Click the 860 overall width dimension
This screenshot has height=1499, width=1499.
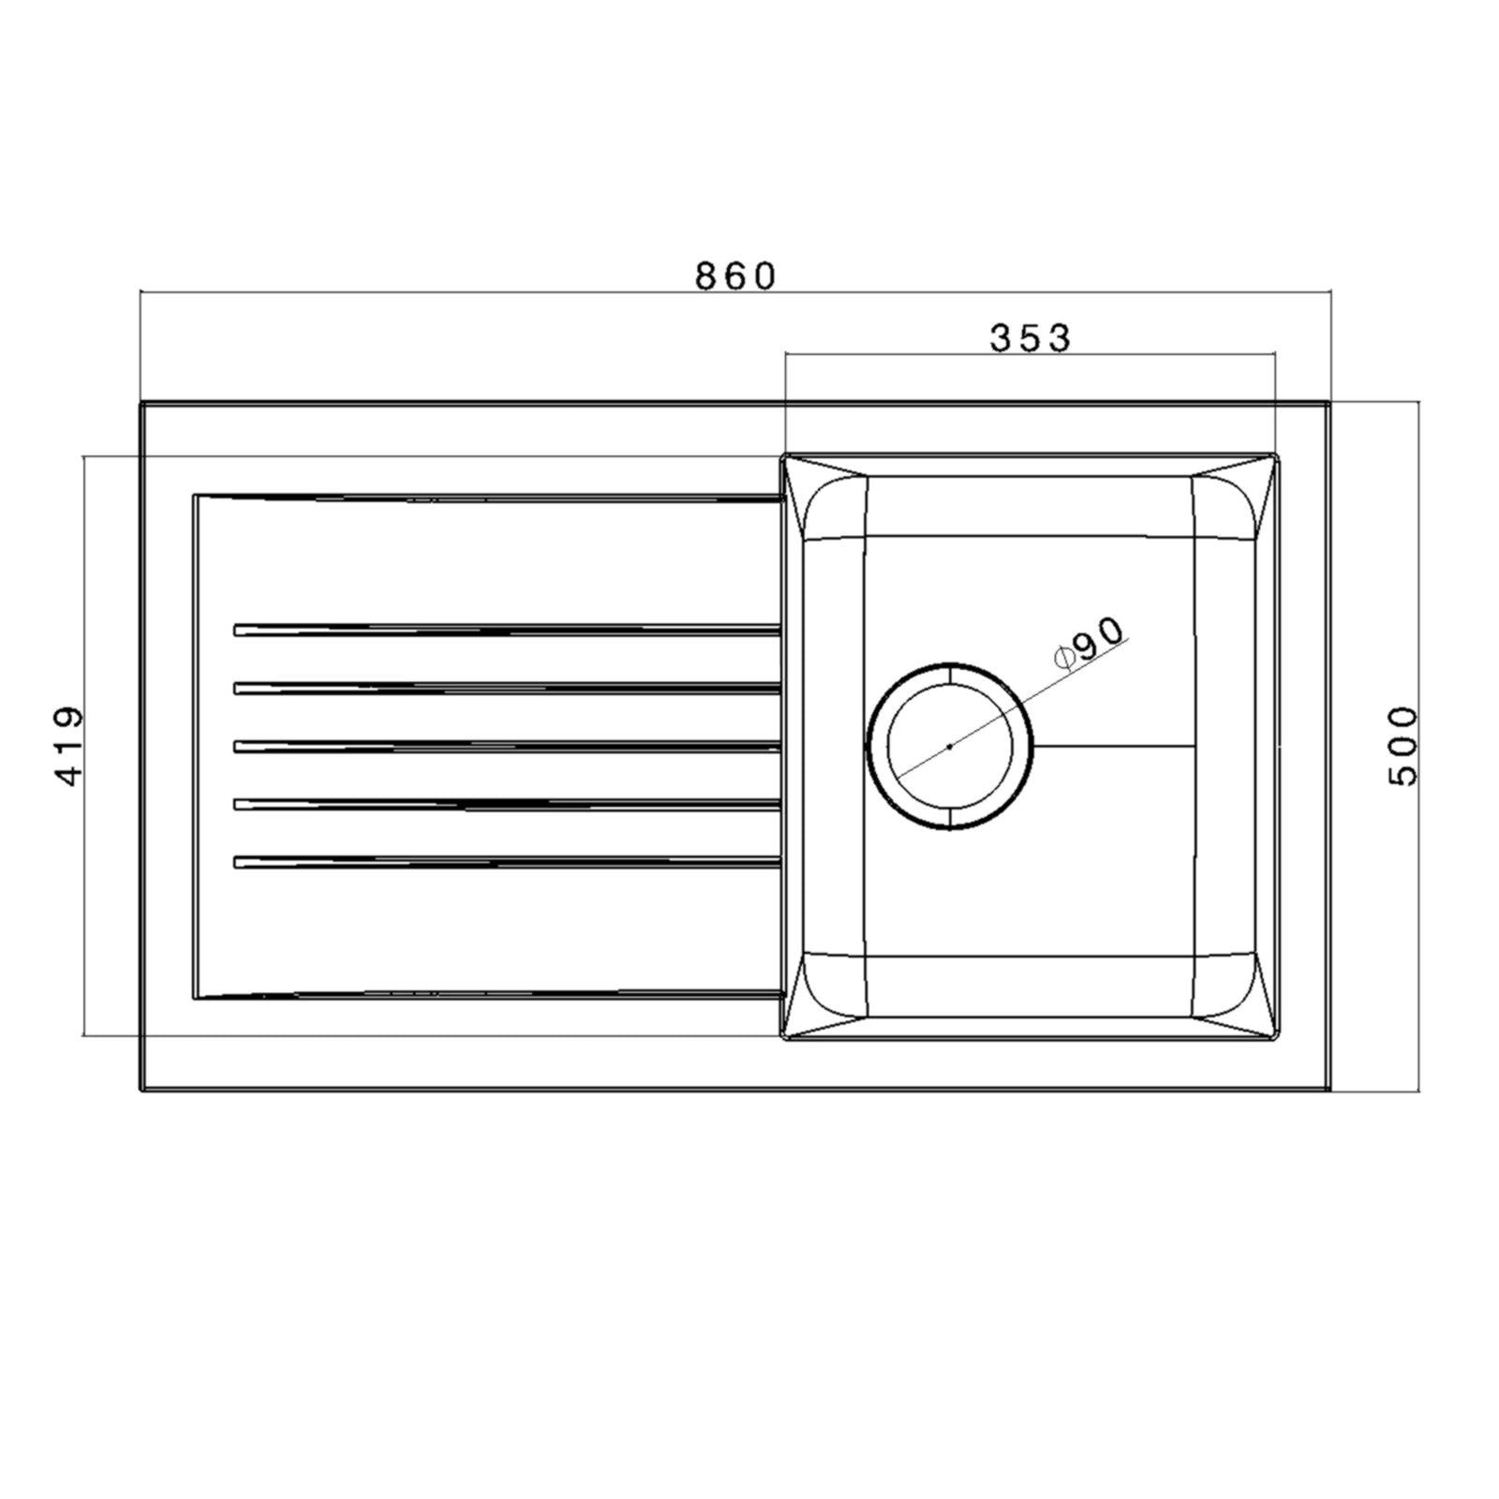click(x=735, y=276)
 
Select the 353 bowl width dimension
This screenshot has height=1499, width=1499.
click(x=1030, y=338)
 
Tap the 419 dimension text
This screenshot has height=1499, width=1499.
click(x=69, y=746)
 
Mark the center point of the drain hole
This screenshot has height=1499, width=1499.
click(x=950, y=747)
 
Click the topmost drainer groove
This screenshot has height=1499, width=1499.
click(x=506, y=630)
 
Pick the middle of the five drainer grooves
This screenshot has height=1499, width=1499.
click(x=506, y=747)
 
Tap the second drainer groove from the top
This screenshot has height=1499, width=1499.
click(x=506, y=689)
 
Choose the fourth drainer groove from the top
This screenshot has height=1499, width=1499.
click(x=506, y=804)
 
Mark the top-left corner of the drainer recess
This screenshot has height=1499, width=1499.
click(x=195, y=496)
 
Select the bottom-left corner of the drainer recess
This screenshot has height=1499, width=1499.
click(x=195, y=997)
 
